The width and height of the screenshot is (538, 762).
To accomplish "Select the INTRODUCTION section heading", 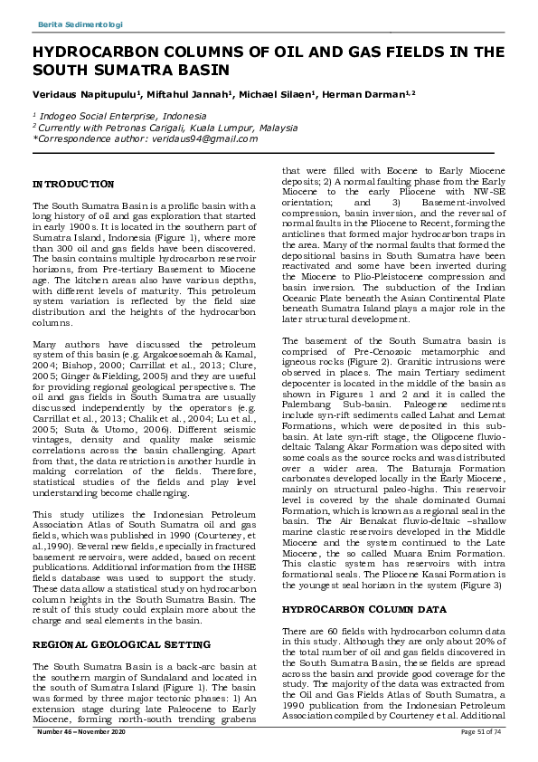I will [x=74, y=184].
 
